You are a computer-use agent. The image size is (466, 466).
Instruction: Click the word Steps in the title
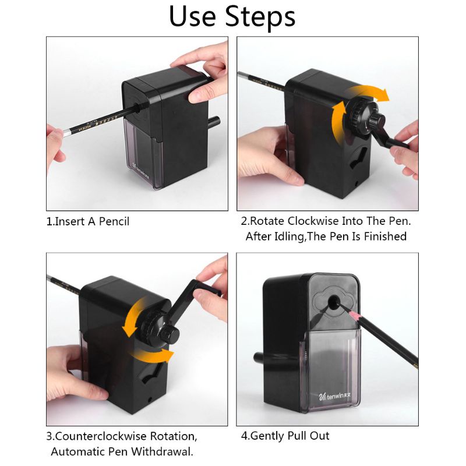[x=260, y=17]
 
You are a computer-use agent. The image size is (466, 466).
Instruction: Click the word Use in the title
[x=193, y=16]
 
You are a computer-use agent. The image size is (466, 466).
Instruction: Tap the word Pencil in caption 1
[x=114, y=221]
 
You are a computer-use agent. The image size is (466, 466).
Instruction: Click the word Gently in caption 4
[x=267, y=436]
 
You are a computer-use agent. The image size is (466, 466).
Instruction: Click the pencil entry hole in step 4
[x=333, y=302]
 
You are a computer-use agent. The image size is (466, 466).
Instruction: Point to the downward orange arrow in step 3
[x=132, y=317]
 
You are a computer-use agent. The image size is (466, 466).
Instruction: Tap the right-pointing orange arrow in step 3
[x=154, y=356]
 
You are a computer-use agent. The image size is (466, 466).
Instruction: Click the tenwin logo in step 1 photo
[x=140, y=170]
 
